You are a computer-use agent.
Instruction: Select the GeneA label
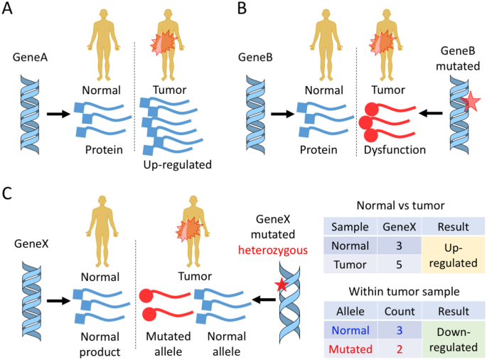click(31, 60)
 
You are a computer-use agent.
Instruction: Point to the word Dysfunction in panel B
click(395, 151)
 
